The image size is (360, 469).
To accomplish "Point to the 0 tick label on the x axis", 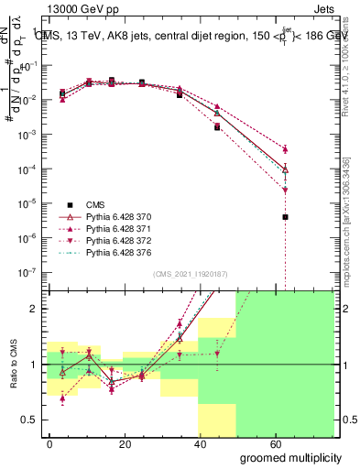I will click(x=49, y=443).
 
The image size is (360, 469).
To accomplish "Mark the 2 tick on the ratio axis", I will click(x=34, y=309).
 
